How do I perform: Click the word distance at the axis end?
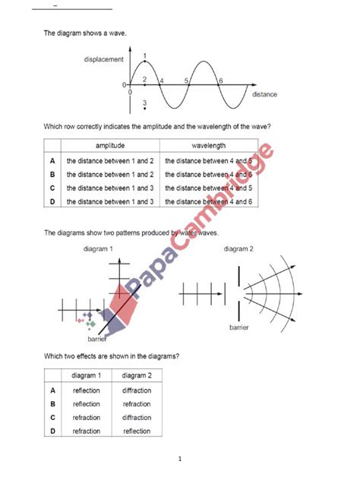click(x=264, y=94)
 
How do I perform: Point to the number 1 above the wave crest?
click(x=144, y=55)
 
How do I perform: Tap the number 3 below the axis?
click(x=144, y=103)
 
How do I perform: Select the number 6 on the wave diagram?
click(x=220, y=81)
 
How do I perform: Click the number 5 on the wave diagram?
click(x=186, y=81)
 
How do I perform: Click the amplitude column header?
click(x=110, y=146)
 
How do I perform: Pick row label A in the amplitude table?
click(x=52, y=161)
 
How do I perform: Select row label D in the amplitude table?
click(x=52, y=201)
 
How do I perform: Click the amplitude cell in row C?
click(x=110, y=188)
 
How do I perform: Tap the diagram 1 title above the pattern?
click(x=100, y=248)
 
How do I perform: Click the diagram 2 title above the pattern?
click(x=238, y=248)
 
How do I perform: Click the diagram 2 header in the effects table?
click(x=137, y=375)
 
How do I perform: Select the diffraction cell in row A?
click(x=137, y=390)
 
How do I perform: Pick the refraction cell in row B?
click(x=137, y=404)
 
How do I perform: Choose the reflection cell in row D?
click(x=137, y=431)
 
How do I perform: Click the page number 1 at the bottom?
click(x=180, y=459)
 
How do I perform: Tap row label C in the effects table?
click(x=52, y=418)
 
